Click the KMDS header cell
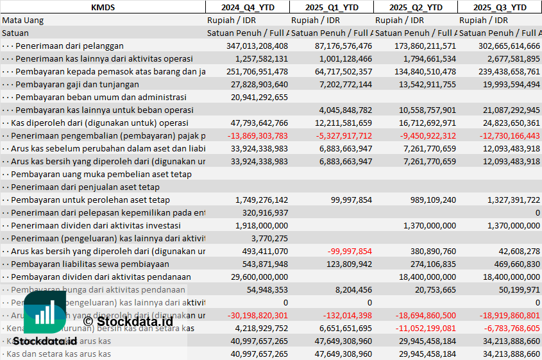[x=103, y=7]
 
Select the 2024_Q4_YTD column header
[x=247, y=7]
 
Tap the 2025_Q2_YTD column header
[x=415, y=7]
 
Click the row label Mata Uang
[x=23, y=20]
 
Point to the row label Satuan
[x=15, y=33]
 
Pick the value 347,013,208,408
[x=257, y=46]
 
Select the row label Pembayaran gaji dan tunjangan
[x=77, y=84]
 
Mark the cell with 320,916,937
[x=264, y=212]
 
